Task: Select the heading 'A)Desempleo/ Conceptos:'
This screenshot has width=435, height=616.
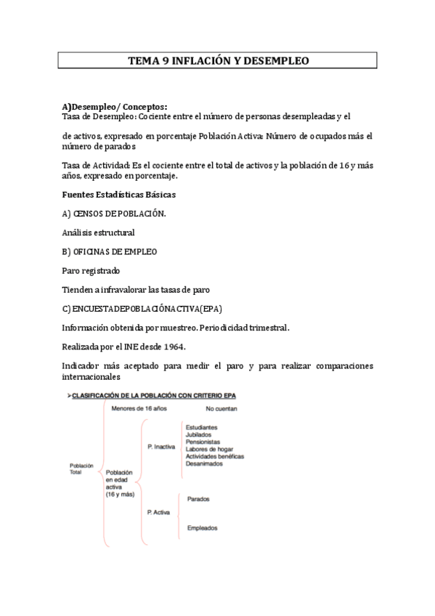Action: (x=115, y=107)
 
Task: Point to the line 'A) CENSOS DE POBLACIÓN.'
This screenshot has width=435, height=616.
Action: (x=115, y=214)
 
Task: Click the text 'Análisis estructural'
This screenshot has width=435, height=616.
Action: (x=99, y=232)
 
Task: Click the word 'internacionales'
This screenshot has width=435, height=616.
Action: (x=92, y=377)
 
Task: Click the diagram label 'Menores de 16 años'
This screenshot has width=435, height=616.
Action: (x=139, y=408)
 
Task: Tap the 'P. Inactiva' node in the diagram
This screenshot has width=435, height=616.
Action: (x=161, y=447)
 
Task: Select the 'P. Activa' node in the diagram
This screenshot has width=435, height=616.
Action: (x=159, y=512)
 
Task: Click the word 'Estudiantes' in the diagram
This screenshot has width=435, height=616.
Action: (x=201, y=428)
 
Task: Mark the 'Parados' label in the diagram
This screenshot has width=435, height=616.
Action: (x=199, y=500)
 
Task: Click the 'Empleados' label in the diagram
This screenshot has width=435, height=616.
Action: (x=202, y=528)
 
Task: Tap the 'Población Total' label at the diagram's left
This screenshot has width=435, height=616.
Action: (x=81, y=468)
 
